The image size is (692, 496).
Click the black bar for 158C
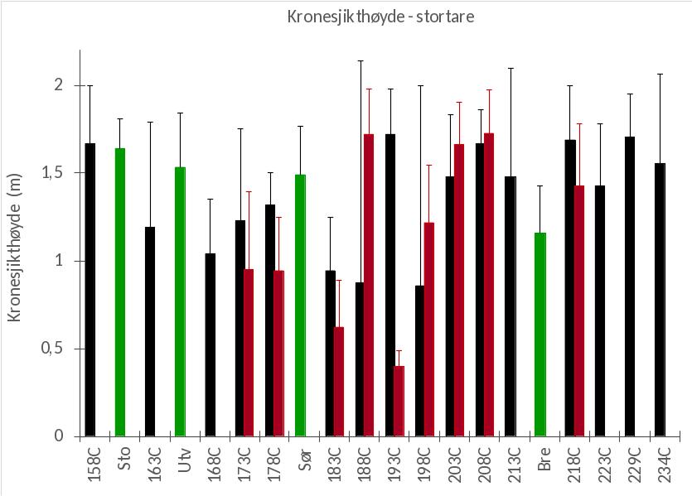pyautogui.click(x=90, y=289)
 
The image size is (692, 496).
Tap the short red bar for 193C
pyautogui.click(x=399, y=401)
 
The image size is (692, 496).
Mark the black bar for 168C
pyautogui.click(x=211, y=344)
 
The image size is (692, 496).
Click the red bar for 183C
pyautogui.click(x=338, y=381)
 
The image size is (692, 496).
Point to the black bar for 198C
pyautogui.click(x=419, y=361)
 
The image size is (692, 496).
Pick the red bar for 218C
pyautogui.click(x=579, y=311)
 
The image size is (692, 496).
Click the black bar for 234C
pyautogui.click(x=660, y=299)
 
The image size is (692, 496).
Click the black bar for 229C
pyautogui.click(x=630, y=286)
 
